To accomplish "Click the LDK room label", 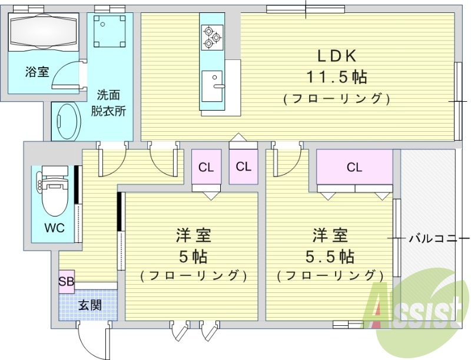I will pos(337,56).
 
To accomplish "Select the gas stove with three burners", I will pos(211,37).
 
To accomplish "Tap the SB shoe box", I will pos(66,281).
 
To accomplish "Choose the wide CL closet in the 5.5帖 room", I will pos(354,167).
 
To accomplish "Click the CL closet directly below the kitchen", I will pos(243,166).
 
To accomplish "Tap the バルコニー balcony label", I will pos(433,238).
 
